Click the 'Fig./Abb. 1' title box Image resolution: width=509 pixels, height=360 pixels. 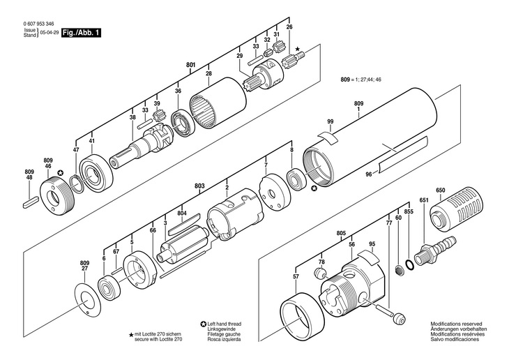tap(79, 33)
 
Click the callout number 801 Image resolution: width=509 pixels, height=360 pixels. tap(190, 66)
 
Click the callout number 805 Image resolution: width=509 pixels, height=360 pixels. tap(341, 233)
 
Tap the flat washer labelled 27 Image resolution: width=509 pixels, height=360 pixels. tap(89, 300)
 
